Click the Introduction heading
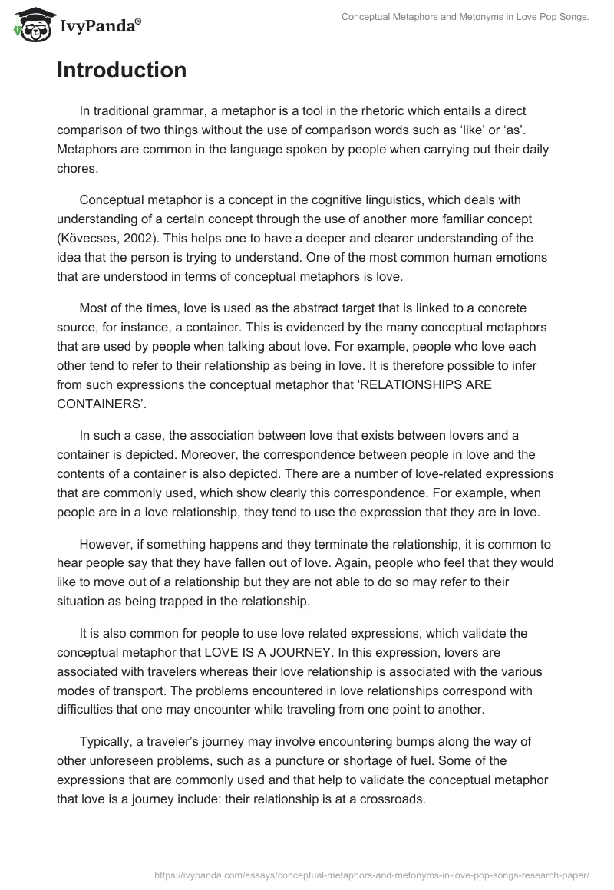[121, 71]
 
